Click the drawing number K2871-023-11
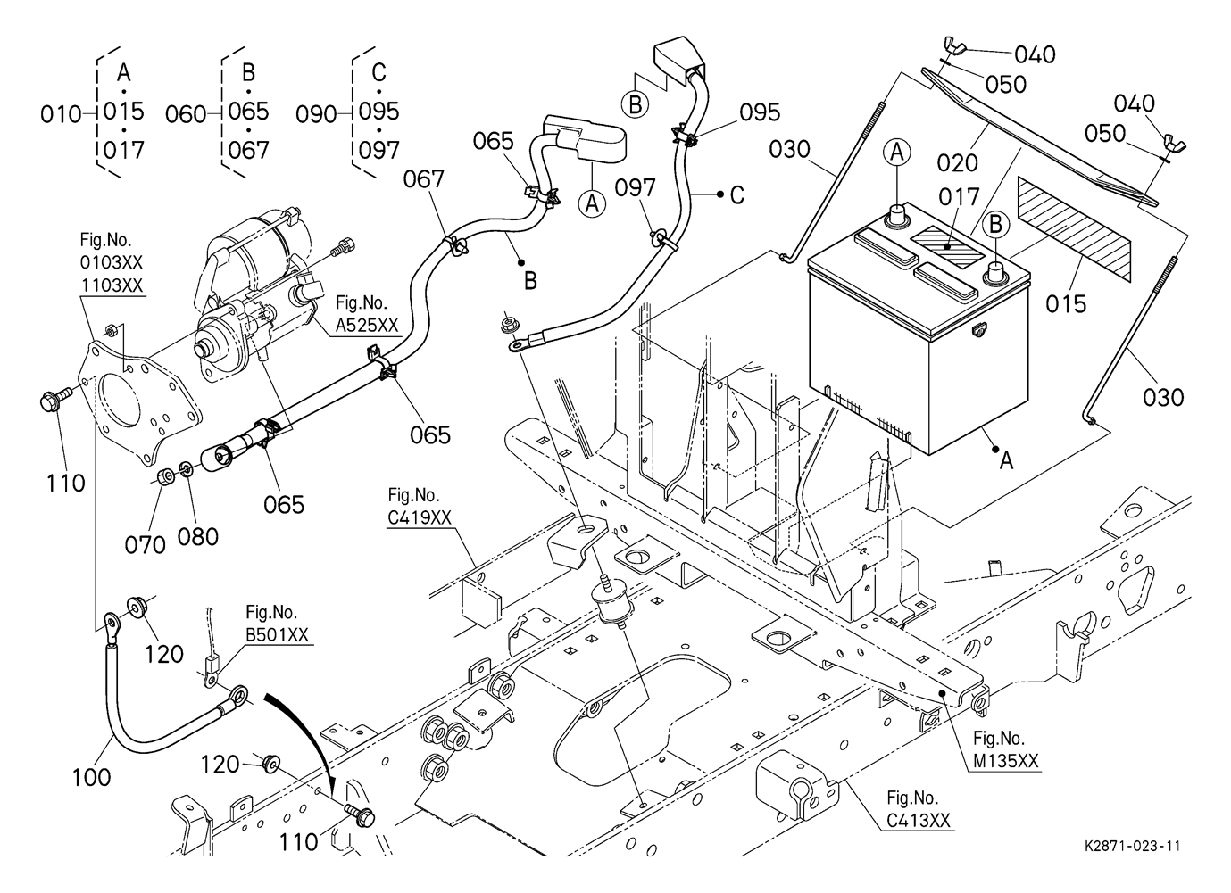(x=1133, y=846)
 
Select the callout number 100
(x=92, y=776)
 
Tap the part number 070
(x=145, y=543)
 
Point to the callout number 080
(x=198, y=536)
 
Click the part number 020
(x=957, y=162)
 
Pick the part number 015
(x=1067, y=303)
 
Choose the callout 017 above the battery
(x=958, y=196)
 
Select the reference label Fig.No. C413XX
(x=912, y=809)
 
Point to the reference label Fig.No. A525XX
(x=367, y=314)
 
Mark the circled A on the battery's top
(x=898, y=153)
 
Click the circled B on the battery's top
(x=996, y=225)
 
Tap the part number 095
(x=760, y=112)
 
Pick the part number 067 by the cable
(x=423, y=179)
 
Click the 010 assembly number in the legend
(x=61, y=114)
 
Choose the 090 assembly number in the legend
(x=316, y=114)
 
